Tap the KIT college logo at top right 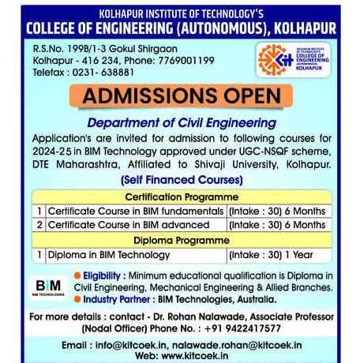pyautogui.click(x=298, y=60)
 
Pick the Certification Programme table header pyautogui.click(x=182, y=196)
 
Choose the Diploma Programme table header pyautogui.click(x=182, y=240)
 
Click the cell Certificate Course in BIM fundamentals pyautogui.click(x=135, y=211)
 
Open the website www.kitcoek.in pyautogui.click(x=196, y=356)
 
